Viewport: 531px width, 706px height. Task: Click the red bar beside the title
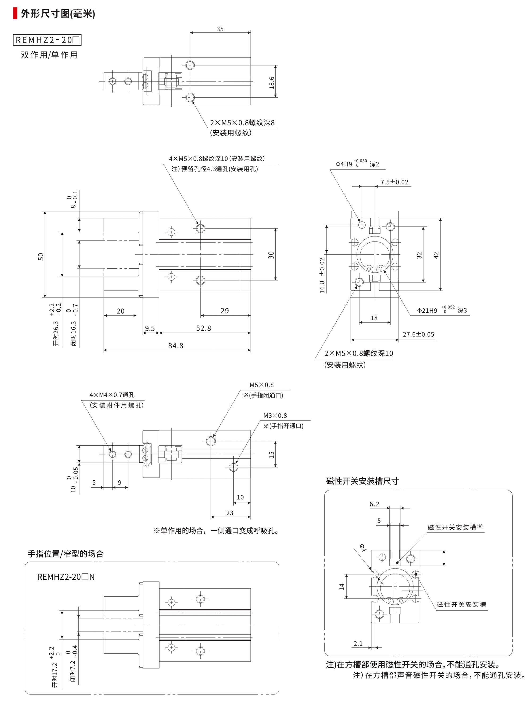pos(15,14)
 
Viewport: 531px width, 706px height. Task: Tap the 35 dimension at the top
pos(220,29)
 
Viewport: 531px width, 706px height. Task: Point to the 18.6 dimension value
pos(272,82)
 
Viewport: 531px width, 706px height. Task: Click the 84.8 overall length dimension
pos(175,346)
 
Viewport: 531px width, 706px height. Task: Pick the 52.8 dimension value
pos(203,328)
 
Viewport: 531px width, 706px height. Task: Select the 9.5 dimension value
pos(150,328)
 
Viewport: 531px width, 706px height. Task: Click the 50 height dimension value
pos(41,257)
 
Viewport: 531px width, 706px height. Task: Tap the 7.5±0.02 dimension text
pos(394,182)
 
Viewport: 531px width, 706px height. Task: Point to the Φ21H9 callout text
pos(427,311)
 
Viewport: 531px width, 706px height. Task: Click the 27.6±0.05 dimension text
pos(418,334)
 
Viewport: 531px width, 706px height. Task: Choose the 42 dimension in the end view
pos(436,255)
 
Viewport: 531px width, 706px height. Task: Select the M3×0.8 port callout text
pos(275,416)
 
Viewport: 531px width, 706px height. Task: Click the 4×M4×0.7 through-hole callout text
pos(112,395)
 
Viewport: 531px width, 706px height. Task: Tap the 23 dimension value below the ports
pos(230,513)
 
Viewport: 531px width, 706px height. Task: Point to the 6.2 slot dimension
pos(374,504)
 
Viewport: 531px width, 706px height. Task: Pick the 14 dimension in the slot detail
pos(342,586)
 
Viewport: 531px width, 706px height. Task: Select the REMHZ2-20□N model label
pos(66,577)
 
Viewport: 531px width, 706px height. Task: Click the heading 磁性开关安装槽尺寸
pos(362,481)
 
